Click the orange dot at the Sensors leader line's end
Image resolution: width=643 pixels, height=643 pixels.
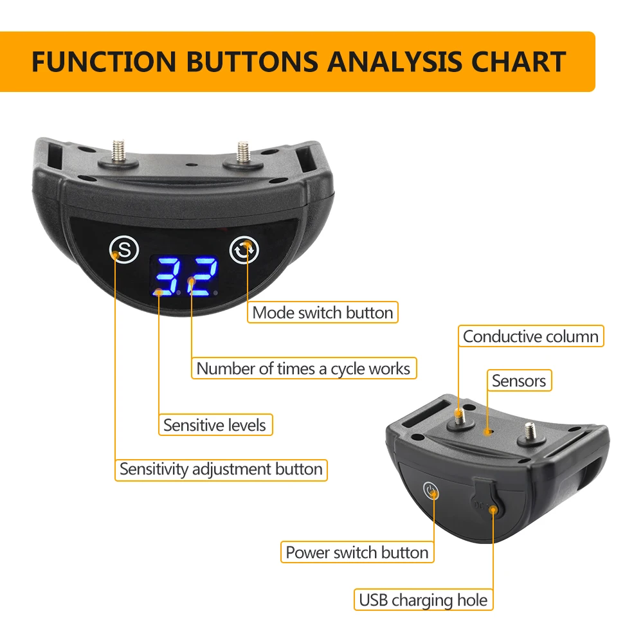tap(487, 431)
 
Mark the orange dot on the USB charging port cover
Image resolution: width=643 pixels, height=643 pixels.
tap(493, 510)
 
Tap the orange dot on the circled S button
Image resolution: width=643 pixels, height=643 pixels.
tap(116, 254)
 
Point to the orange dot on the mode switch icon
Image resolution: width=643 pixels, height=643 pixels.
tap(248, 245)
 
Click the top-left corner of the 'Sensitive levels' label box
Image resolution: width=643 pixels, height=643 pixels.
tap(159, 414)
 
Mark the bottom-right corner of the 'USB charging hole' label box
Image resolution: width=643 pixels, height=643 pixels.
tap(493, 610)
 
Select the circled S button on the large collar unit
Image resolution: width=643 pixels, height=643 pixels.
tap(124, 249)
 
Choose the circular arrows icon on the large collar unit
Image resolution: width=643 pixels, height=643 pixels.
tap(244, 249)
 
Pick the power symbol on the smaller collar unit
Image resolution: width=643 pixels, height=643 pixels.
tap(430, 491)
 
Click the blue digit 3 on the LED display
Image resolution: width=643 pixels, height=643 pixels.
tap(167, 276)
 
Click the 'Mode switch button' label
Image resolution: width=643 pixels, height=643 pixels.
tap(323, 312)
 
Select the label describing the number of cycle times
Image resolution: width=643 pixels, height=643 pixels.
tap(304, 368)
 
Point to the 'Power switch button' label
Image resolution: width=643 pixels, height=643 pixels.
tap(357, 552)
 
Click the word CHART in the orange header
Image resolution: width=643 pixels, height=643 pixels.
tap(519, 62)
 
